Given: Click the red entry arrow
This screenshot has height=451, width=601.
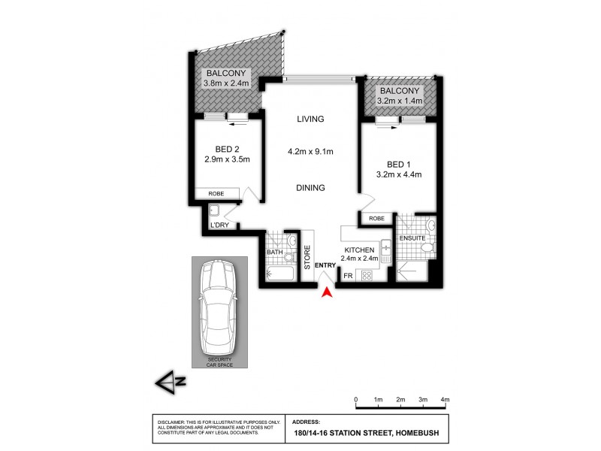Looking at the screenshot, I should tap(326, 295).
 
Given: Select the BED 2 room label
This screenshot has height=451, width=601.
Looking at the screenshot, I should tap(226, 149).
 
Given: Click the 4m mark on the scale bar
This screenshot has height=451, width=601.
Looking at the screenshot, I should tap(445, 398).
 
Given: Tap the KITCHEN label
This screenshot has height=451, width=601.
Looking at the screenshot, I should tap(359, 250).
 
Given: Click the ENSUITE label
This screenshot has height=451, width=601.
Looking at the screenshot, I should tap(412, 238).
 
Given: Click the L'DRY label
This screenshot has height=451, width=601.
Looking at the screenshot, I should tap(219, 225).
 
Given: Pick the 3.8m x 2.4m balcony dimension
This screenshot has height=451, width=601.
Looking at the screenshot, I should tap(224, 83).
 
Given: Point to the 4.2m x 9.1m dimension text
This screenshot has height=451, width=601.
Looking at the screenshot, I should tap(310, 152).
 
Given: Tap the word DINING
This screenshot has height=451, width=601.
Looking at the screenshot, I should tap(310, 188).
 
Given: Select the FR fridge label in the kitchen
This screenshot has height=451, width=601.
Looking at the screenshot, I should tap(348, 276).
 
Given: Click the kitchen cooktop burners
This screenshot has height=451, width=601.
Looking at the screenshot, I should tap(367, 275).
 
